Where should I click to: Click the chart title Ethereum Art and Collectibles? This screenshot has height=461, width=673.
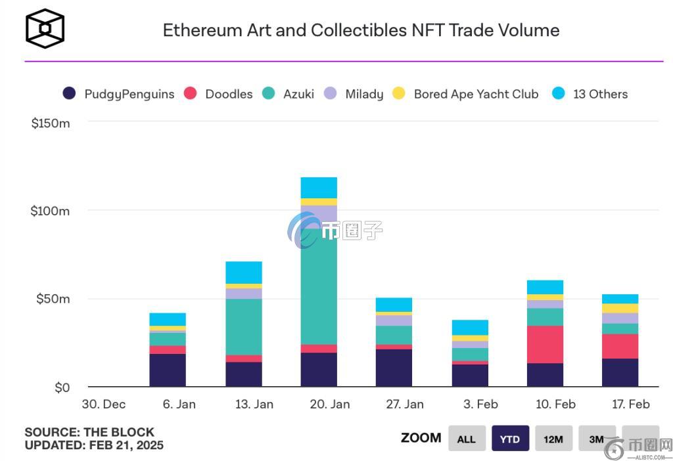click(x=361, y=30)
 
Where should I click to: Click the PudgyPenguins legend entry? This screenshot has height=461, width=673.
click(x=119, y=94)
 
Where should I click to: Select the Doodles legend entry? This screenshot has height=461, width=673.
click(x=220, y=94)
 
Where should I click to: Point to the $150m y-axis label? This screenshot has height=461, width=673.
click(x=51, y=123)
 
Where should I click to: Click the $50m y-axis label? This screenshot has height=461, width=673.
click(x=53, y=299)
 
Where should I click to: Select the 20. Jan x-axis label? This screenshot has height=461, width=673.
click(x=329, y=404)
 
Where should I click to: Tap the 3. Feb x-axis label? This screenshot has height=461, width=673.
click(x=480, y=404)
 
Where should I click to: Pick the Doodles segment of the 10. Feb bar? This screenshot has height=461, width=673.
click(x=545, y=344)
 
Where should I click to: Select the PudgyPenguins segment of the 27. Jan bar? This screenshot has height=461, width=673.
click(x=394, y=368)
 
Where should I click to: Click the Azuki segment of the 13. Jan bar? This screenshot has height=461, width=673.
click(x=243, y=326)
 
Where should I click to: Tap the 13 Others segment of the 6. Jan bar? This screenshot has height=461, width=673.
click(x=168, y=319)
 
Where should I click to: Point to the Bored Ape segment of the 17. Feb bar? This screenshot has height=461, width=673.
click(x=620, y=309)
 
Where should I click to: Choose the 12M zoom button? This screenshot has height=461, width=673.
click(x=553, y=439)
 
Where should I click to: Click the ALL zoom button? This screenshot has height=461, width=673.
click(x=467, y=439)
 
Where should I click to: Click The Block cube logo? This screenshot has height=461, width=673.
click(x=45, y=28)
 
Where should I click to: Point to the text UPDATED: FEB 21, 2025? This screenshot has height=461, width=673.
click(x=94, y=445)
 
